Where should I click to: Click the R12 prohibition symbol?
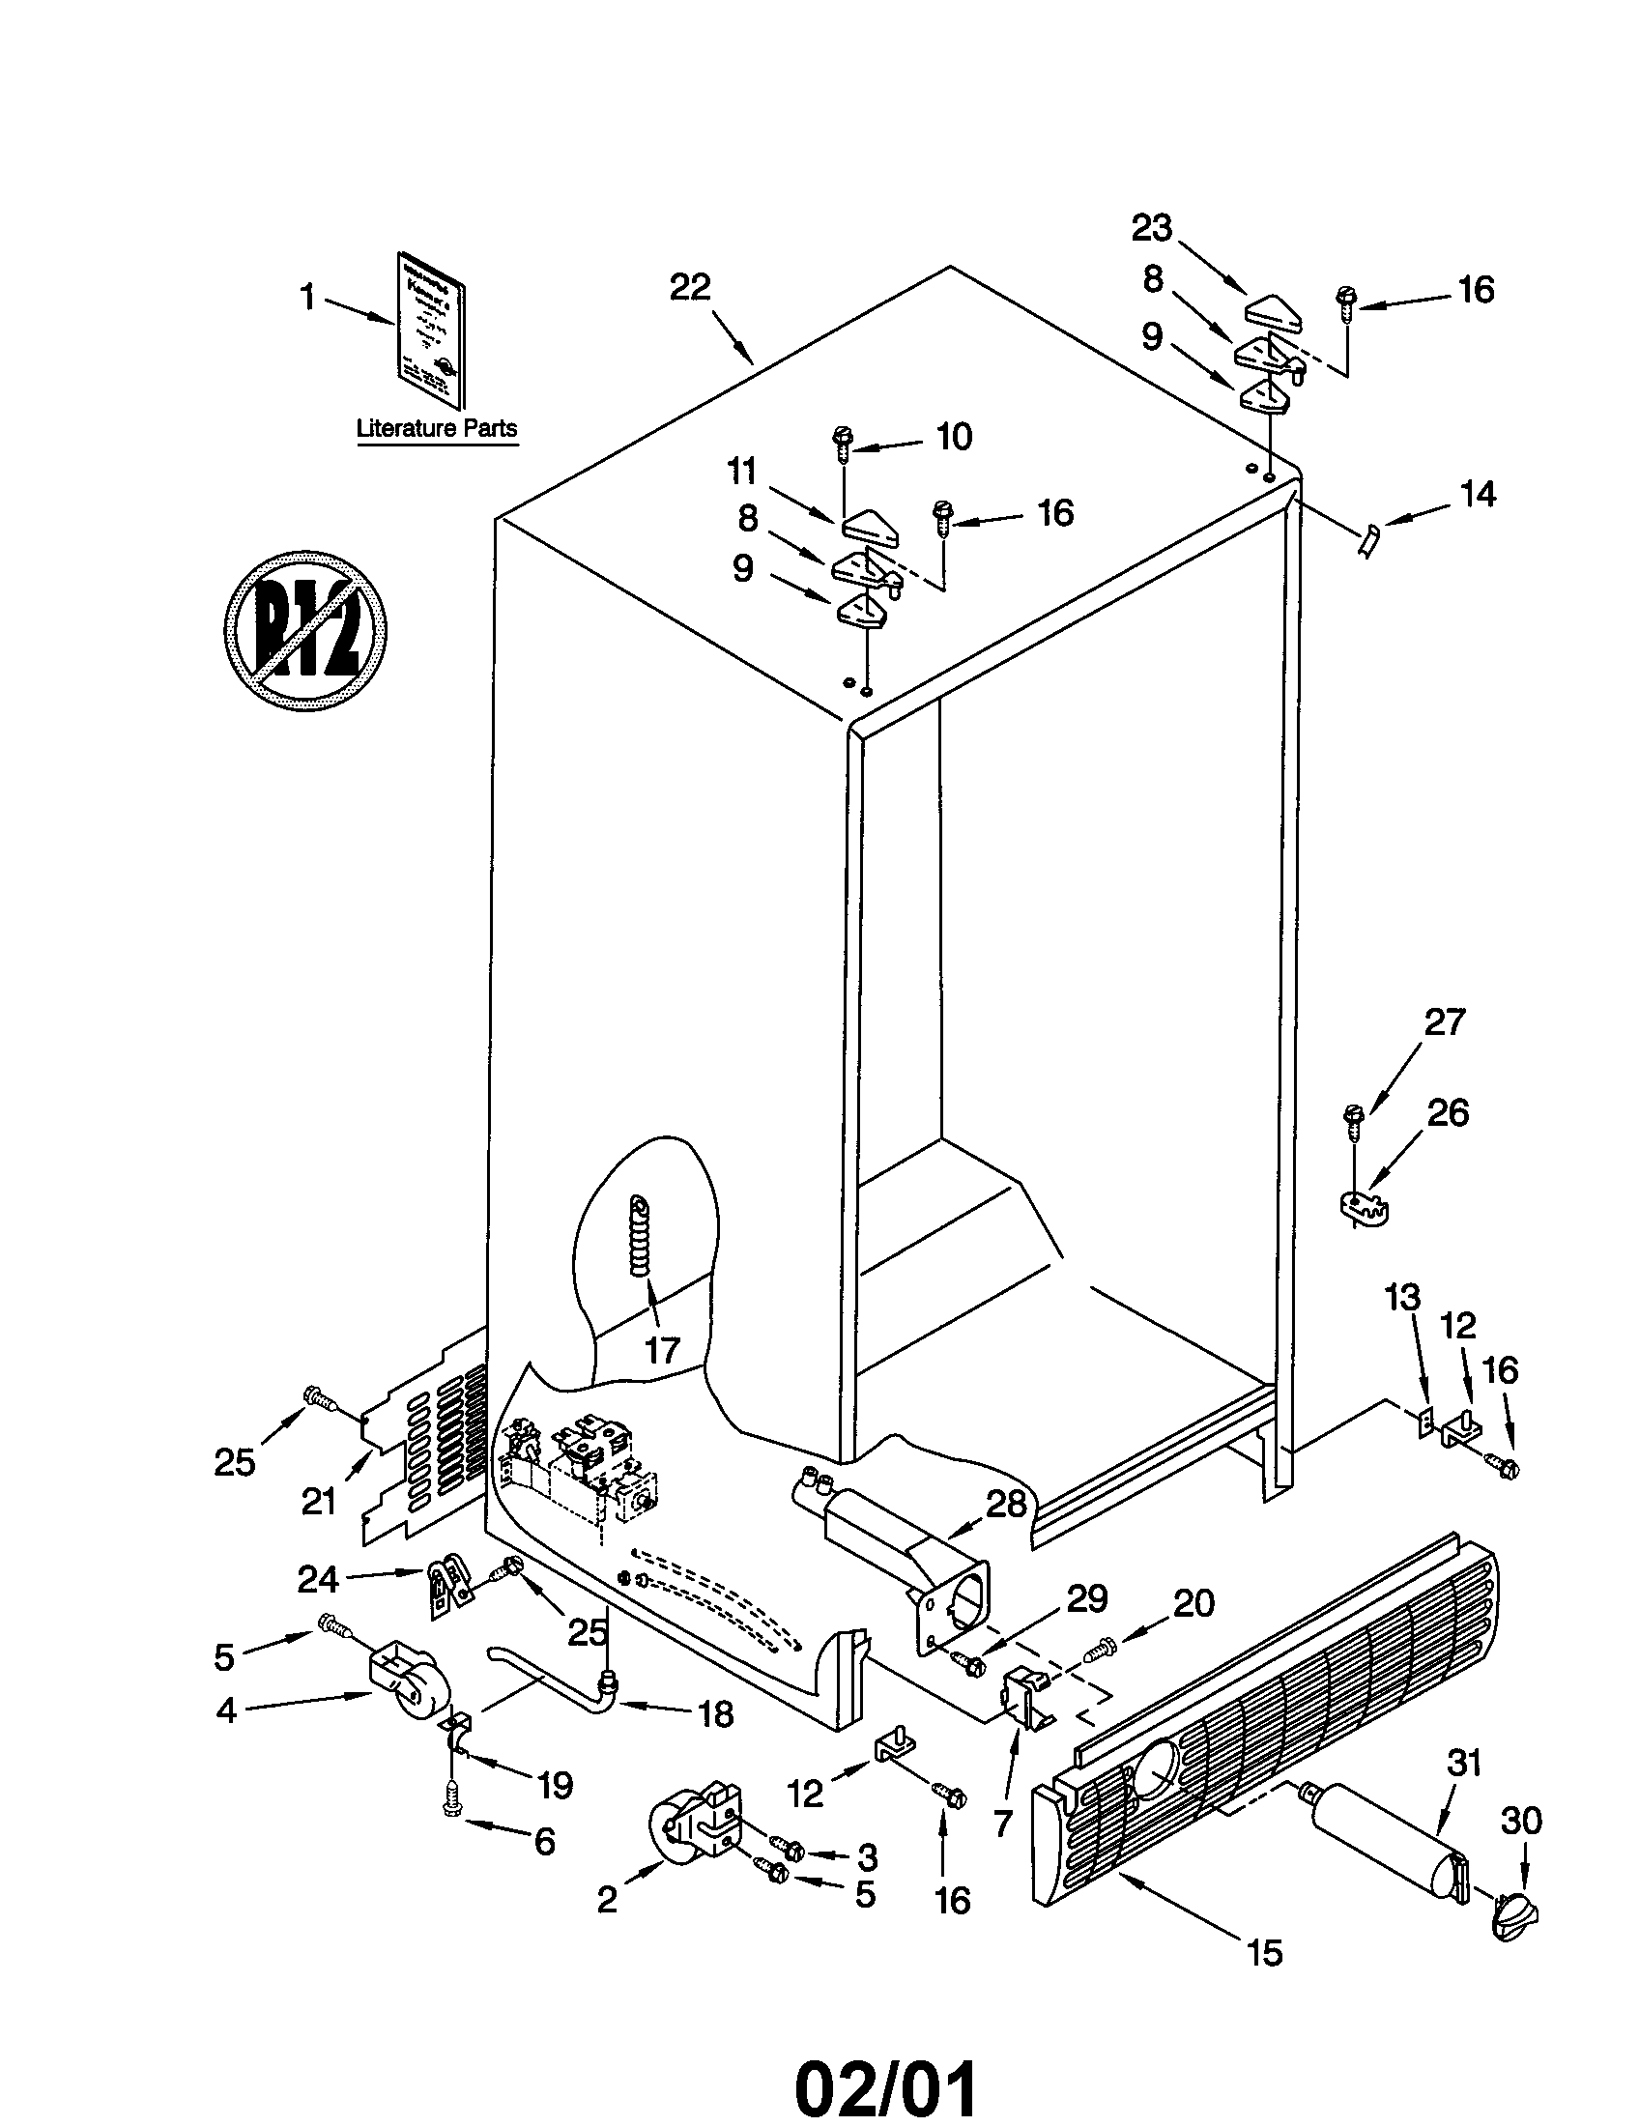click(x=304, y=631)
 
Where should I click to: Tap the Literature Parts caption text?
click(x=436, y=427)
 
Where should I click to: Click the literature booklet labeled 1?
click(x=430, y=330)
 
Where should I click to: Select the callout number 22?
click(x=689, y=287)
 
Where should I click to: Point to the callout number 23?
click(x=1151, y=228)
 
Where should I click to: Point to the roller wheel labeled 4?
click(x=408, y=1690)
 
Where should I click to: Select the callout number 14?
click(x=1478, y=495)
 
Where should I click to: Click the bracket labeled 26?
click(x=1361, y=1209)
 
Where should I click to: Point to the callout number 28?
click(x=1006, y=1504)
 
